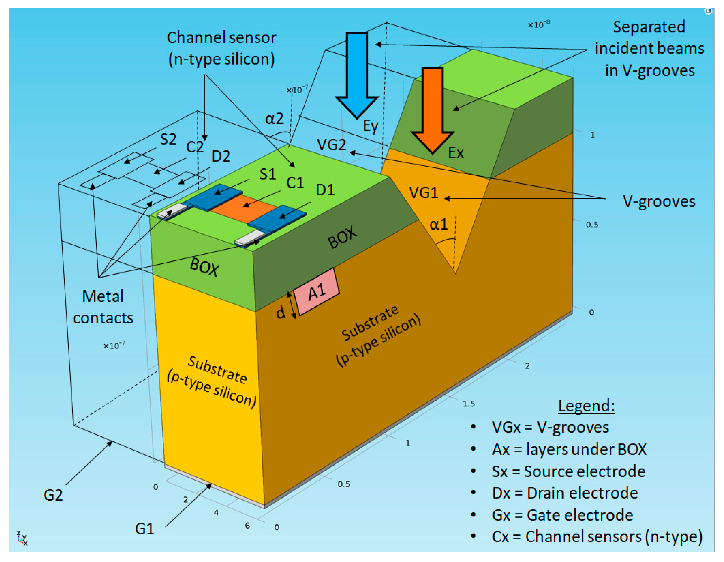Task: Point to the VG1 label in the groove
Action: [x=423, y=193]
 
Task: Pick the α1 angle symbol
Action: [x=438, y=225]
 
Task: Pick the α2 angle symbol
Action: [x=274, y=118]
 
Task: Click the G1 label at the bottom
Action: [x=145, y=529]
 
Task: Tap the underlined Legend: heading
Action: [x=586, y=406]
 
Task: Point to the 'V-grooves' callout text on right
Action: [x=659, y=201]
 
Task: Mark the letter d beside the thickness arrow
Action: [x=281, y=312]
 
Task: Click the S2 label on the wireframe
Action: [x=168, y=139]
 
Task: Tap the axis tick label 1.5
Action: [x=468, y=404]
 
